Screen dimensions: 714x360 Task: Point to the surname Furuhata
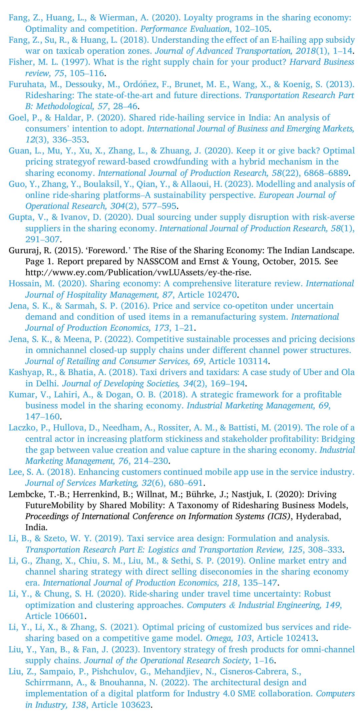(25, 84)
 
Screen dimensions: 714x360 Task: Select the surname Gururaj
(23, 250)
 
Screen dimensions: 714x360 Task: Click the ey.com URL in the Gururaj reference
(138, 272)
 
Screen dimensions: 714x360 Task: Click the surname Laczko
(22, 427)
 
